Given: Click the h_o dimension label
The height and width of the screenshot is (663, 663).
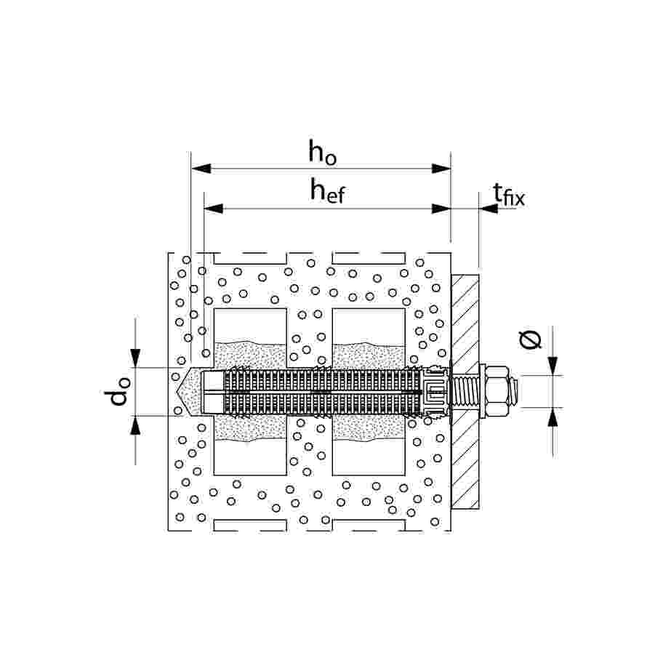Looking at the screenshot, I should click(322, 152).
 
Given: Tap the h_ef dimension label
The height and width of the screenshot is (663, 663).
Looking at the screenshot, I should click(327, 192).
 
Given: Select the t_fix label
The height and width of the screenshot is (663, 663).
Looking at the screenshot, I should click(508, 194).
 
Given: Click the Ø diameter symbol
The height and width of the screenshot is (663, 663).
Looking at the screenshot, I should click(531, 339).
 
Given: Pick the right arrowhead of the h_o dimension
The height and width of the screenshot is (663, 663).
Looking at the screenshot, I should click(441, 169).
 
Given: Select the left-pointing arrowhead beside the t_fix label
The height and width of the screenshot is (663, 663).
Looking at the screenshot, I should click(488, 209).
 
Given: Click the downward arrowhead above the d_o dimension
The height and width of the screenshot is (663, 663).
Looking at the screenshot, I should click(136, 358).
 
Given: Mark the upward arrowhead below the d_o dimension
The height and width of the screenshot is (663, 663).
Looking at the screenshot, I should click(136, 425).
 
